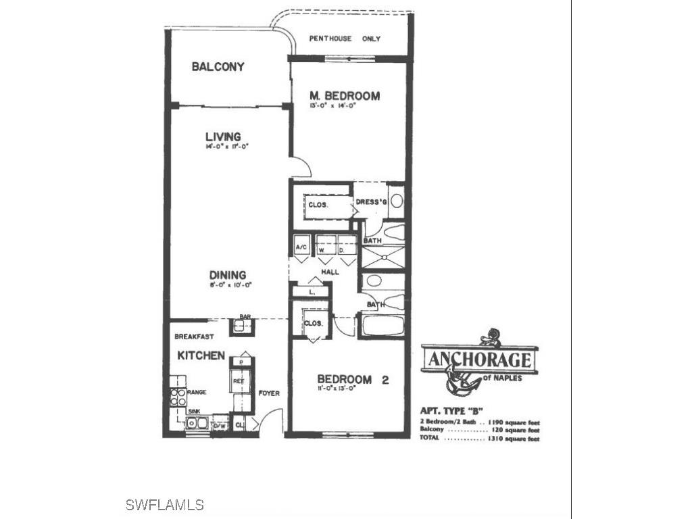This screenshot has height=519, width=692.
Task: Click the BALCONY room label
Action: tap(218, 67)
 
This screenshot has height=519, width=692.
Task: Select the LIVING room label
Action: tap(224, 137)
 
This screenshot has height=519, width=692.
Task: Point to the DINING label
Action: tap(227, 275)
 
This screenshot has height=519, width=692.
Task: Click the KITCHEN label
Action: tap(201, 355)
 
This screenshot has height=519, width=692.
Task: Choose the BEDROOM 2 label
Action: tap(353, 379)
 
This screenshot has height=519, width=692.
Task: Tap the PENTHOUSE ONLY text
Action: tap(345, 39)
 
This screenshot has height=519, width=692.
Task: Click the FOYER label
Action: tap(269, 393)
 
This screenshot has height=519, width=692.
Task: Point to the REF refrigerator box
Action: tap(239, 381)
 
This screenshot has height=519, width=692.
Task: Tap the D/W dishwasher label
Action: tap(219, 426)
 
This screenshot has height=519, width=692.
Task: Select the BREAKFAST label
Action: tap(194, 337)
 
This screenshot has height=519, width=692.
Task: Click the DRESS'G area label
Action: tap(370, 201)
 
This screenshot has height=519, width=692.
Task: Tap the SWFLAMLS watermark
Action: tap(165, 505)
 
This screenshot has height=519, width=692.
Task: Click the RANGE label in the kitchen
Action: tap(197, 392)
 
